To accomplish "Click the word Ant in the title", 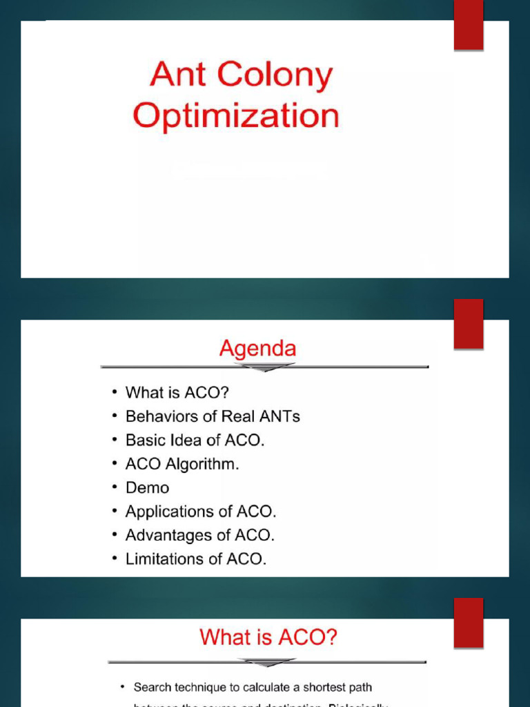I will [x=177, y=75].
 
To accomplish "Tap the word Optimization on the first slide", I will [x=236, y=116].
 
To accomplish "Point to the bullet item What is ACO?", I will [x=177, y=393].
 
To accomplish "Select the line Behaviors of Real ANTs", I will [x=213, y=416].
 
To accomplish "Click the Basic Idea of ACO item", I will [x=195, y=440].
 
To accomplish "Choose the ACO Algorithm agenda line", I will [x=182, y=464].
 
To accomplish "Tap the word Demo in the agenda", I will [x=147, y=487].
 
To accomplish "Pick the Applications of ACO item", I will [x=200, y=512].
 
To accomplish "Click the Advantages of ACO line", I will [x=199, y=535].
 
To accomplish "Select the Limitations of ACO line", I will [x=195, y=559].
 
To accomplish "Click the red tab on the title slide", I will [x=469, y=26].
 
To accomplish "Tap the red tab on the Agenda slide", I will [x=469, y=324].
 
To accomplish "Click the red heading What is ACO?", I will [x=268, y=637].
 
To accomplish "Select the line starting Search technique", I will [x=253, y=687].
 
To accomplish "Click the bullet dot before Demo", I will [x=114, y=488].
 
